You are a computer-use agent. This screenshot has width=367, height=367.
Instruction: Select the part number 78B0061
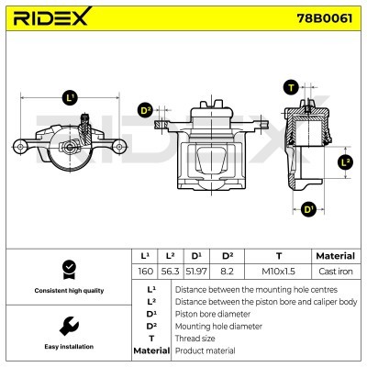pyautogui.click(x=325, y=18)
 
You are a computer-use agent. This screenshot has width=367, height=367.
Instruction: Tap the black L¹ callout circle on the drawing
pyautogui.click(x=70, y=98)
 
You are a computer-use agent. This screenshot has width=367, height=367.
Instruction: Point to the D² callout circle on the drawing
pyautogui.click(x=146, y=110)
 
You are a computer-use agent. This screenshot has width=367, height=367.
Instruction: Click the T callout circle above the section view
pyautogui.click(x=291, y=88)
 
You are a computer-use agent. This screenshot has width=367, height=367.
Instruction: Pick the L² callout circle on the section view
pyautogui.click(x=345, y=162)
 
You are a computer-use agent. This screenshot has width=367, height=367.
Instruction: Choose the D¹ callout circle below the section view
pyautogui.click(x=308, y=210)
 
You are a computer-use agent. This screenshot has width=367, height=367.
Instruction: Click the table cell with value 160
pyautogui.click(x=145, y=271)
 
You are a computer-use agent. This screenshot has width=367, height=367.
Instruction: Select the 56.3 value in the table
pyautogui.click(x=170, y=271)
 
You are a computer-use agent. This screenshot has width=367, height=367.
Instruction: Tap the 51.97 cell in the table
pyautogui.click(x=196, y=271)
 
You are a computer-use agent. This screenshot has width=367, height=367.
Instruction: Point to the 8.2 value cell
pyautogui.click(x=227, y=271)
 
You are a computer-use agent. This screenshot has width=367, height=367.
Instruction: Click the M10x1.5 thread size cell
pyautogui.click(x=278, y=271)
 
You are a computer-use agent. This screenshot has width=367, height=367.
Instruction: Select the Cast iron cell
pyautogui.click(x=336, y=271)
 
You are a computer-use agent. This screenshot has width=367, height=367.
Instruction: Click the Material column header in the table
pyautogui.click(x=336, y=256)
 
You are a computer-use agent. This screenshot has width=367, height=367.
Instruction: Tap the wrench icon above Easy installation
pyautogui.click(x=69, y=327)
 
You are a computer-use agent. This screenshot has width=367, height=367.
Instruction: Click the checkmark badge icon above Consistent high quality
pyautogui.click(x=69, y=270)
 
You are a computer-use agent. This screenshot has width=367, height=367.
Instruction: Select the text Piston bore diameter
pyautogui.click(x=213, y=314)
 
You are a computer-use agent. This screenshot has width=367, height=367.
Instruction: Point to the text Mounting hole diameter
pyautogui.click(x=218, y=327)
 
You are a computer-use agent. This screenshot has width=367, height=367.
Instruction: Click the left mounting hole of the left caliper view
pyautogui.click(x=20, y=147)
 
